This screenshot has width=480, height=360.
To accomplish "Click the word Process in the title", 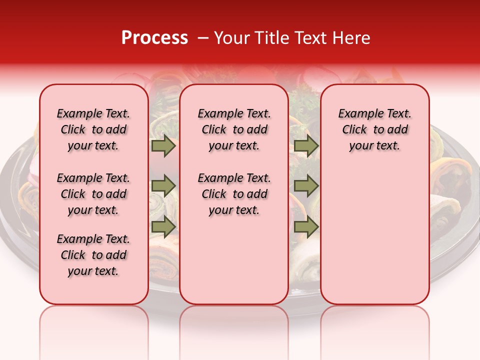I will [154, 38].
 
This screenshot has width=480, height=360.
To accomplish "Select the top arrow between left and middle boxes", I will [163, 146].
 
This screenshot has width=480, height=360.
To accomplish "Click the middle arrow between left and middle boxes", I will [163, 186].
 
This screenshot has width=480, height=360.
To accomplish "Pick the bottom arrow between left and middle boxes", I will [163, 226].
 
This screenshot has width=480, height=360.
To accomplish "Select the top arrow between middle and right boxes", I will [306, 146].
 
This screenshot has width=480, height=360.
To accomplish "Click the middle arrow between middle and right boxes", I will [306, 186].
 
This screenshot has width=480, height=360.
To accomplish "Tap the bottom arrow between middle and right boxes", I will [306, 226].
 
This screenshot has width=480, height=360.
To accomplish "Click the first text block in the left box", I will [93, 129].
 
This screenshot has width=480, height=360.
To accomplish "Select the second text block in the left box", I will [93, 194].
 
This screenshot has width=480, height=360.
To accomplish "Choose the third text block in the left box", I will [93, 255].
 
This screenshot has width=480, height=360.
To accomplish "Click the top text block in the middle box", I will [234, 129].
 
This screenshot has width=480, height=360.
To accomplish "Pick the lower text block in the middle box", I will [234, 194].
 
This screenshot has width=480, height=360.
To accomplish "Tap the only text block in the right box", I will [374, 129].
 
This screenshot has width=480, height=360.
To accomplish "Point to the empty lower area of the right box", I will [374, 235].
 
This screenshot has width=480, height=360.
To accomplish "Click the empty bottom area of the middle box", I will [234, 265].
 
